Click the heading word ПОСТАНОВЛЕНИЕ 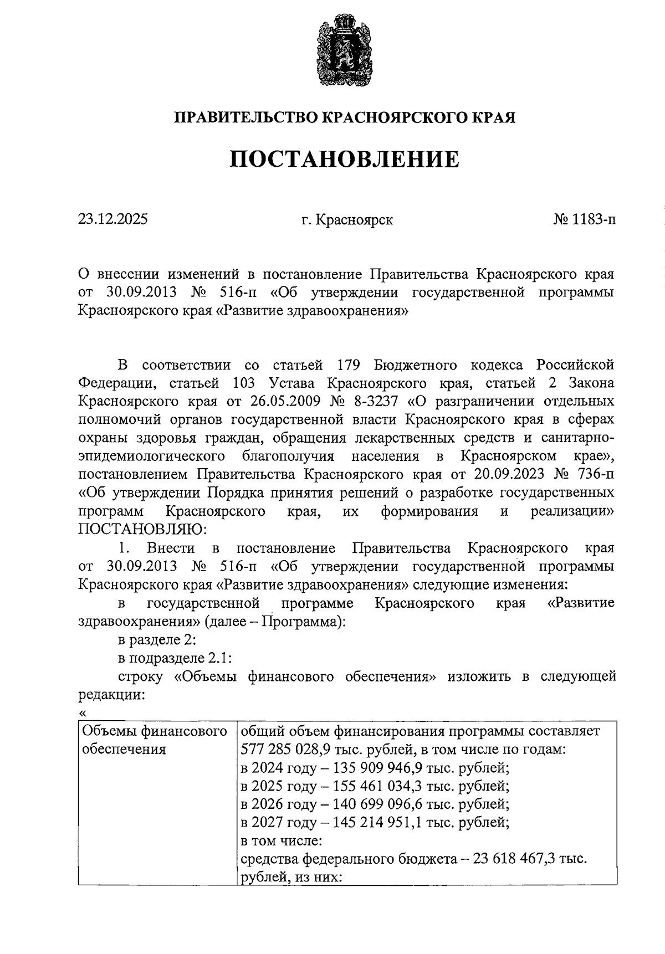coord(344,159)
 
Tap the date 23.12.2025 coord(112,219)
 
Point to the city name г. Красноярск coord(347,220)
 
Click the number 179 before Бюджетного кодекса coord(349,365)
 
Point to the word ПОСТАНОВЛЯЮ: coord(142,529)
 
